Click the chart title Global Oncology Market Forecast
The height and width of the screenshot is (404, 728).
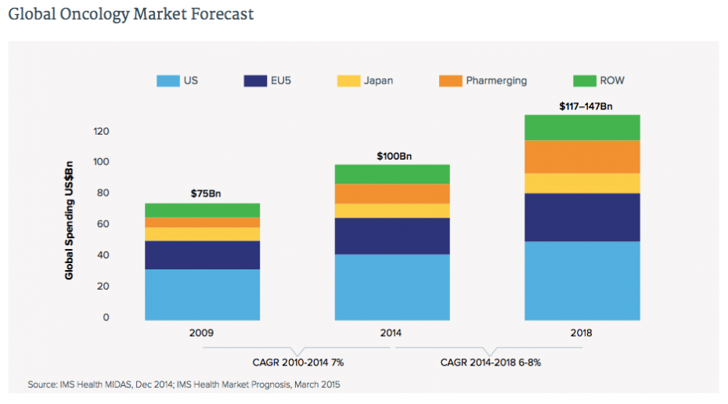click(x=131, y=15)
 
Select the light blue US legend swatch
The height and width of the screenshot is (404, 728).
click(x=168, y=81)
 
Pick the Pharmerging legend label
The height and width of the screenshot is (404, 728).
click(x=496, y=81)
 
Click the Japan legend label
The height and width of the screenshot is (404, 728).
click(x=379, y=81)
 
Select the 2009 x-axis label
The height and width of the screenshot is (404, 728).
click(x=202, y=333)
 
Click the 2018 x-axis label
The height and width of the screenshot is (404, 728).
click(x=582, y=333)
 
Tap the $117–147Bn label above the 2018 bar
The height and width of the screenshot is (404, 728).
click(x=582, y=105)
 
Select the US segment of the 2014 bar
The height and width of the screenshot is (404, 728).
click(x=392, y=287)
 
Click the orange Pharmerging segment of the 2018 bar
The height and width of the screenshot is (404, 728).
click(x=582, y=157)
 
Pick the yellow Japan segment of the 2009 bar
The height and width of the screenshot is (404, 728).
click(x=202, y=234)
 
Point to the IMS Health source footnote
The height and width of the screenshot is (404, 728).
click(x=184, y=384)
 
